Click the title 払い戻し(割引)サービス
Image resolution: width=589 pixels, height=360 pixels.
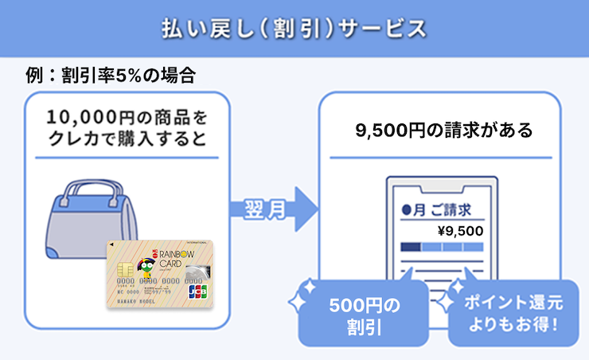[294, 27]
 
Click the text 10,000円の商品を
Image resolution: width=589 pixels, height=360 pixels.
[127, 118]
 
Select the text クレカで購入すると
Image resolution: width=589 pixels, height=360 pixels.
[127, 140]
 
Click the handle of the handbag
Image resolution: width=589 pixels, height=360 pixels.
[87, 194]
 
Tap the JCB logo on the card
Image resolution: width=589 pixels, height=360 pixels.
[198, 292]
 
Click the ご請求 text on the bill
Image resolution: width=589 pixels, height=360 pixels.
[450, 209]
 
